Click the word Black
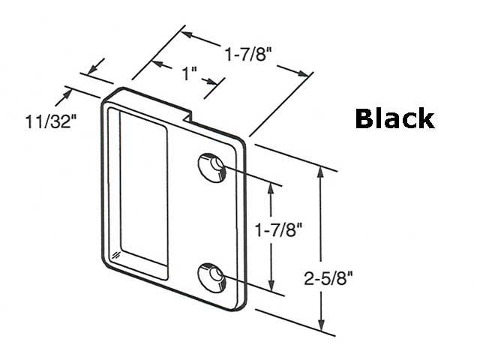[x=394, y=118]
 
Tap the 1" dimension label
[x=189, y=74]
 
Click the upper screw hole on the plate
[x=211, y=167]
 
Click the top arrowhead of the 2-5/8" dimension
[x=322, y=171]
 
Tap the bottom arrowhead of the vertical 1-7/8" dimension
[x=272, y=287]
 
